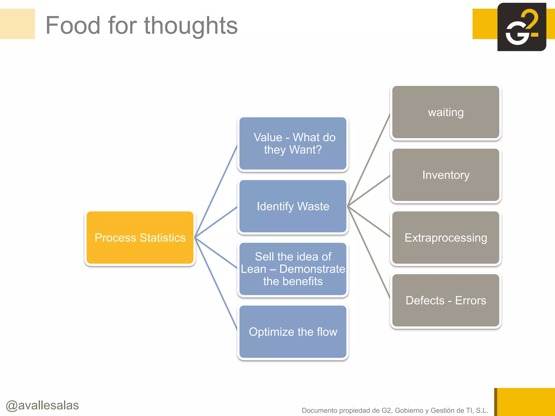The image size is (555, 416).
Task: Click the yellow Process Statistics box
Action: pyautogui.click(x=140, y=238)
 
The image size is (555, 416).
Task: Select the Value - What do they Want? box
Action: pyautogui.click(x=293, y=144)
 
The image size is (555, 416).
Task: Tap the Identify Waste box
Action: pyautogui.click(x=293, y=206)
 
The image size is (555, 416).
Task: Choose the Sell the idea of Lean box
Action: pyautogui.click(x=293, y=269)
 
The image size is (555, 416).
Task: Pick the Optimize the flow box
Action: pyautogui.click(x=293, y=332)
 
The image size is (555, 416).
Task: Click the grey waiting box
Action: pyautogui.click(x=446, y=112)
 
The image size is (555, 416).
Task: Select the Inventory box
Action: pyautogui.click(x=446, y=175)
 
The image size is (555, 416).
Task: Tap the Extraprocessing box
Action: pyautogui.click(x=446, y=238)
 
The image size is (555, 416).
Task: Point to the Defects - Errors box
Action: pyautogui.click(x=446, y=300)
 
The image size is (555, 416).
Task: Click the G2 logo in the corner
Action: pyautogui.click(x=521, y=27)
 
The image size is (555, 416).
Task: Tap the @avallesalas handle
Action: pyautogui.click(x=42, y=405)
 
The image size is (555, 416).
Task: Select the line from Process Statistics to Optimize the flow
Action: pyautogui.click(x=216, y=284)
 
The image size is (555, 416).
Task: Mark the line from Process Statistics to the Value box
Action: pyautogui.click(x=216, y=192)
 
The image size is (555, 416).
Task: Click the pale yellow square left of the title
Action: pyautogui.click(x=17, y=24)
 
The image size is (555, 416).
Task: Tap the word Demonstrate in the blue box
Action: pyautogui.click(x=312, y=269)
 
